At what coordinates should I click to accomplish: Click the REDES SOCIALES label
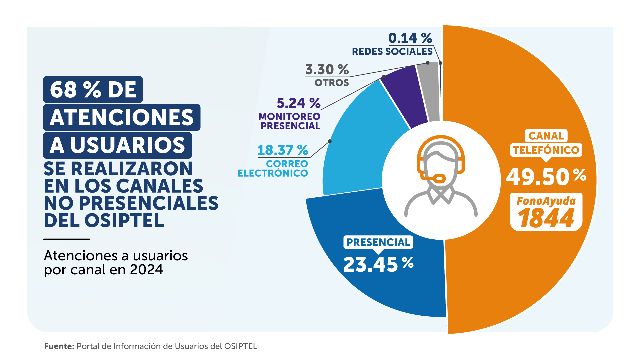(392, 52)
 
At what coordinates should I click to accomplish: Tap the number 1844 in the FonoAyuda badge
(546, 219)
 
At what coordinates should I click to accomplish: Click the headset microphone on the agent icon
(439, 178)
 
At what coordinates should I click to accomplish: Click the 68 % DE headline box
(93, 89)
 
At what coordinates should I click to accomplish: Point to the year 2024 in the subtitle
(146, 270)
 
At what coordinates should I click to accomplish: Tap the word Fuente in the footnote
(59, 346)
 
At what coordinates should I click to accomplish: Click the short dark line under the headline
(67, 239)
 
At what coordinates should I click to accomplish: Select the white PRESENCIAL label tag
(378, 242)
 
